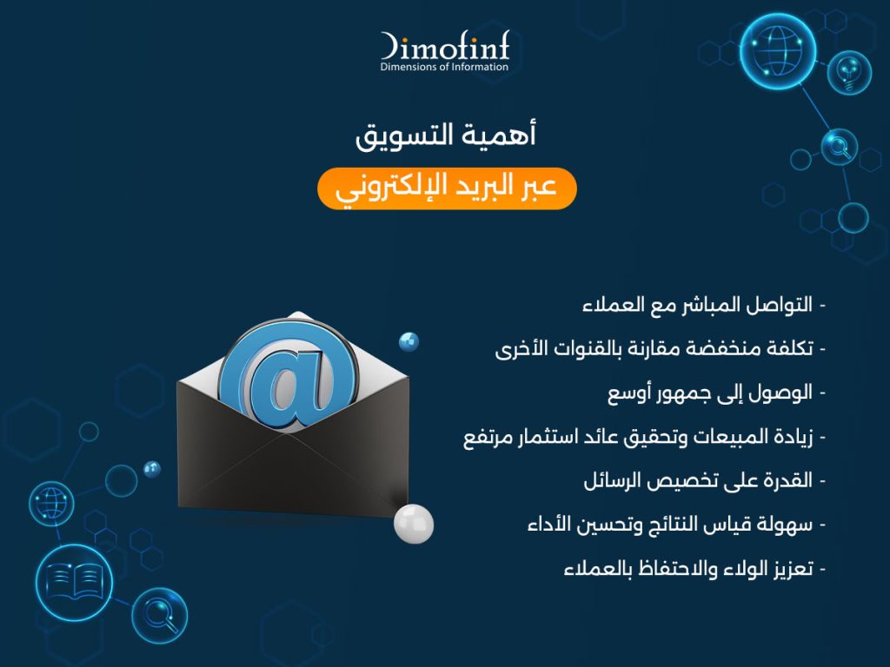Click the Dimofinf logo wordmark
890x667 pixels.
[445, 46]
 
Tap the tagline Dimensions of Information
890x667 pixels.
[444, 67]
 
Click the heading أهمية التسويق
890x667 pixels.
[446, 135]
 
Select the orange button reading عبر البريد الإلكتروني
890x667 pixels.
[447, 188]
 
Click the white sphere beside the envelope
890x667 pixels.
[414, 524]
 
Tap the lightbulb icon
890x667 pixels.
[849, 72]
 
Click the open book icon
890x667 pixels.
[74, 582]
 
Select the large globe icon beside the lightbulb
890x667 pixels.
[778, 51]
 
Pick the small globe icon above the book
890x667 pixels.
[51, 504]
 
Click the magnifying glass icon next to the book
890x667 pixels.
[160, 616]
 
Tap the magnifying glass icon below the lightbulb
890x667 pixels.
[839, 147]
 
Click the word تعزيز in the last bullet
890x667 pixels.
[793, 568]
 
